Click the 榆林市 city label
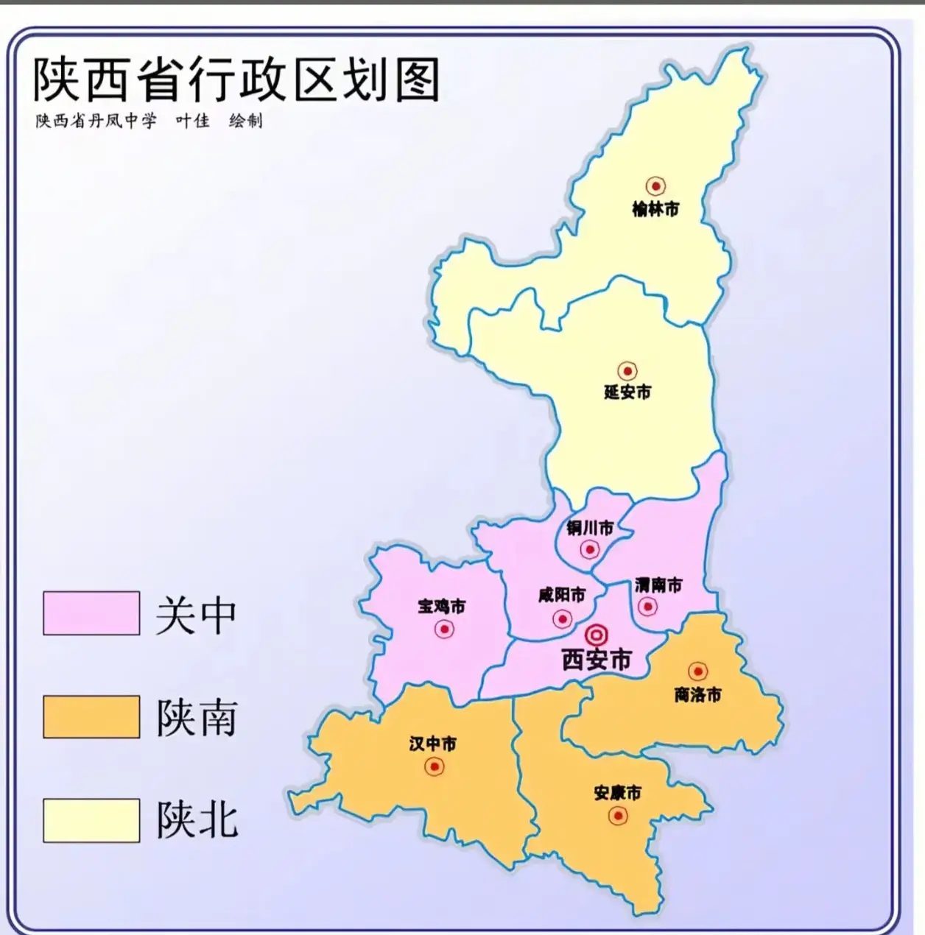click(655, 210)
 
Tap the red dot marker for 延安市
click(627, 371)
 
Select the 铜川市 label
click(590, 528)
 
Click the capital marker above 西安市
click(597, 635)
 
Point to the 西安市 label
click(597, 660)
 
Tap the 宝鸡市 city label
click(442, 607)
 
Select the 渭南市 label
click(658, 585)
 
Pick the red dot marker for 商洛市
click(697, 671)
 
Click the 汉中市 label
click(433, 744)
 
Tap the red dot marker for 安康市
click(617, 816)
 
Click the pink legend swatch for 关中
click(91, 613)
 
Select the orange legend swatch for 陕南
click(91, 717)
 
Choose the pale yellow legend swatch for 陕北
click(91, 820)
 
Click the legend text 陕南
click(197, 718)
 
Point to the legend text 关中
click(196, 615)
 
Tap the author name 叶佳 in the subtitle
click(192, 121)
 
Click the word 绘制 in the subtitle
click(245, 121)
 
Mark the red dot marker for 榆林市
click(655, 186)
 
